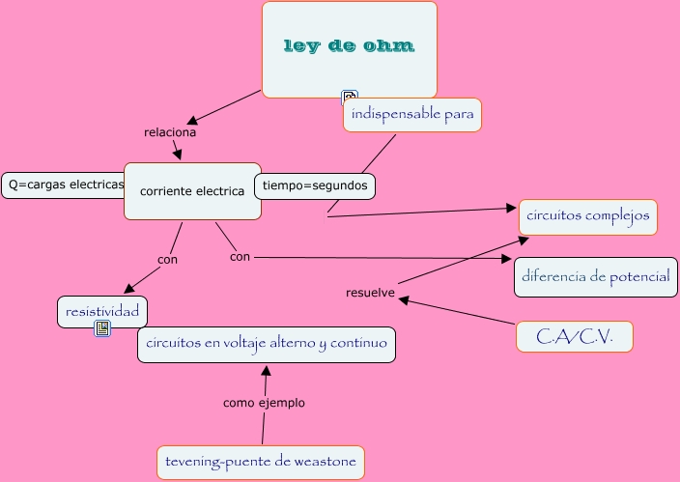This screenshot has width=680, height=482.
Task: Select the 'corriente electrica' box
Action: coord(192,190)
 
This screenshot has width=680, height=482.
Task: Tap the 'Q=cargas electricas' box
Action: coord(65,184)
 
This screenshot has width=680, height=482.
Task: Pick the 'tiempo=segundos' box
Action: coord(315,185)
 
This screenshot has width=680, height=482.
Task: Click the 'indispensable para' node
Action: coord(412,116)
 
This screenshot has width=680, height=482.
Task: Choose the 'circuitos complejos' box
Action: coord(588,216)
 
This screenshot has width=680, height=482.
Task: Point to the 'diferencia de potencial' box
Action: coord(595,277)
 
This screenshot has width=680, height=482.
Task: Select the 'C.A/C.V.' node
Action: coord(574,336)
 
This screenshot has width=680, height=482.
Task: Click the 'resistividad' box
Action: coord(102,311)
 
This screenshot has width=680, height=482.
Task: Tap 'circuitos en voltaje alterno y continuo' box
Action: coord(266,344)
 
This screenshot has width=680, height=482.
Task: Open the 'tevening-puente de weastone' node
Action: coord(261,463)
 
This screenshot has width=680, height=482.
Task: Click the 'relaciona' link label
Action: coord(170,132)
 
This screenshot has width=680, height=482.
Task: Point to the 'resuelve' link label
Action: coord(370,293)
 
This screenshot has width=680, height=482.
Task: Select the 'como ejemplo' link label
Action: coord(264,403)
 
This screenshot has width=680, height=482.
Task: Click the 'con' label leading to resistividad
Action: coord(167,259)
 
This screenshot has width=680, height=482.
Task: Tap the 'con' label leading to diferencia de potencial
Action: coord(241,257)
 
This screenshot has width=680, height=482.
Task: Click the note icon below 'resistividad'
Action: coord(102,329)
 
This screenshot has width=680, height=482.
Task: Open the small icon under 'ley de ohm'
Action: coord(350,97)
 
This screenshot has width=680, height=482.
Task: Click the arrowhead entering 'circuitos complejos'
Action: coord(512,208)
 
